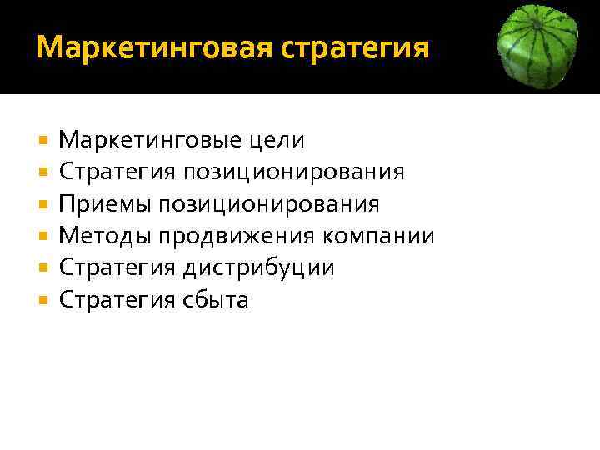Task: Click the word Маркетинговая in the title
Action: point(153,47)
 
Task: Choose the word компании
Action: point(384,237)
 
